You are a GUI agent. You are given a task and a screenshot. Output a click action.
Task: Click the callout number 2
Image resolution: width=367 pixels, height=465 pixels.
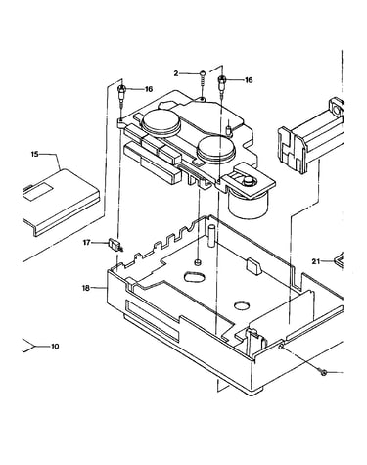[x=176, y=73]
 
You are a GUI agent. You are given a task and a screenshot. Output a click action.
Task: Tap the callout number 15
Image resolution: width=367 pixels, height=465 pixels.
[x=35, y=154]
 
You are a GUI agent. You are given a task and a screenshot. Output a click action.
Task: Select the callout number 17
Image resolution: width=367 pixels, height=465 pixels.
[x=86, y=243]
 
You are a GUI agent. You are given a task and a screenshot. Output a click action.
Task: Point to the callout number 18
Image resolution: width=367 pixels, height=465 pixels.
[x=86, y=288]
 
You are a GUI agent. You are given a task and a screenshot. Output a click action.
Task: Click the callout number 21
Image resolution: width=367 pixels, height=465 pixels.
[x=316, y=261]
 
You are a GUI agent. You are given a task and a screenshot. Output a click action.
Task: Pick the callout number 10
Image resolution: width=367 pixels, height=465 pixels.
[x=55, y=346]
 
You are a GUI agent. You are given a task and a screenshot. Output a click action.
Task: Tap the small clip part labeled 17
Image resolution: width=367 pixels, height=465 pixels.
[x=115, y=245]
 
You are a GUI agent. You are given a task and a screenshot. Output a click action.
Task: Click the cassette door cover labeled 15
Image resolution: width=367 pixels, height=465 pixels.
[x=61, y=201]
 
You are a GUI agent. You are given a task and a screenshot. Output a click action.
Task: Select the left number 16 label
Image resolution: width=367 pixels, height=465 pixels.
[x=149, y=89]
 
